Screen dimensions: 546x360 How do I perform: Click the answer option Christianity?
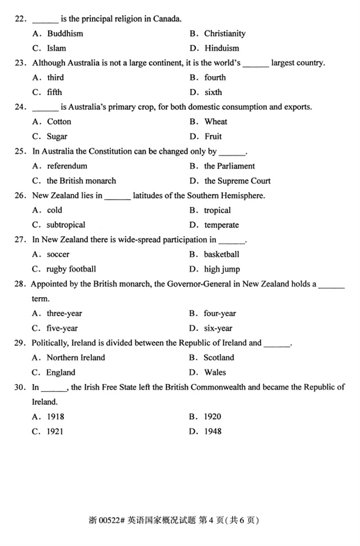click(x=225, y=34)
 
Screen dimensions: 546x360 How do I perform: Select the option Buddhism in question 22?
click(x=65, y=34)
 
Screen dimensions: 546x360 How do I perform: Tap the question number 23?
click(x=21, y=63)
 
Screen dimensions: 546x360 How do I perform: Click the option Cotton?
click(x=59, y=122)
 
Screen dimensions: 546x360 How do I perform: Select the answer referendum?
click(x=67, y=166)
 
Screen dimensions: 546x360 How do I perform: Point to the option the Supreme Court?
click(x=237, y=181)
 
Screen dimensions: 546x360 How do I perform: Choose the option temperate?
click(x=221, y=225)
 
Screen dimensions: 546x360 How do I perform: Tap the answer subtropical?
click(x=66, y=225)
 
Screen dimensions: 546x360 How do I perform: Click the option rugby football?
click(x=71, y=269)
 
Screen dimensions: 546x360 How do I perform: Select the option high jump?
click(x=222, y=269)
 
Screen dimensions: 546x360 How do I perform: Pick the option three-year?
click(x=65, y=313)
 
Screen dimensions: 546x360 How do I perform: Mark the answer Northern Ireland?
click(x=75, y=358)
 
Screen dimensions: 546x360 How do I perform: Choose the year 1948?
click(x=213, y=432)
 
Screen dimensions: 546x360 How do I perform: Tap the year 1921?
click(x=55, y=432)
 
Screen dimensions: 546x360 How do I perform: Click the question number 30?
click(x=21, y=387)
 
